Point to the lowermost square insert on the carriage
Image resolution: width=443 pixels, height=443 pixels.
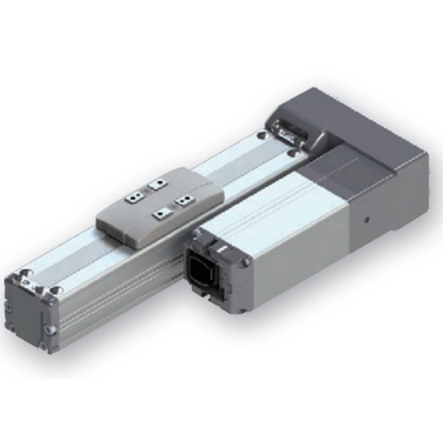159,214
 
